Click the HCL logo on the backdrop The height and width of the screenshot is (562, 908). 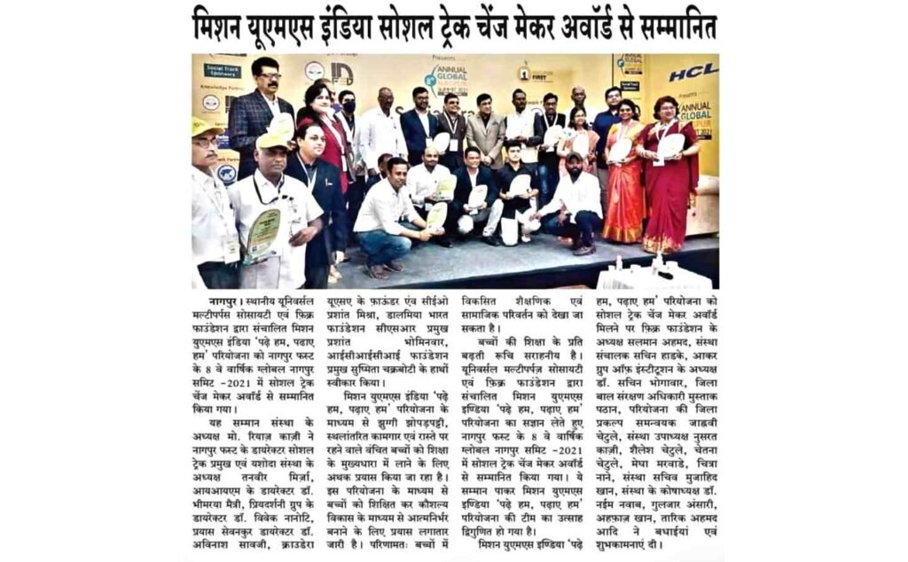pyautogui.click(x=693, y=72)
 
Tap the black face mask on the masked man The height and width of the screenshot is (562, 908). pyautogui.click(x=348, y=107)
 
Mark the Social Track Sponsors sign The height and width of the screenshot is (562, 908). pyautogui.click(x=222, y=69)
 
